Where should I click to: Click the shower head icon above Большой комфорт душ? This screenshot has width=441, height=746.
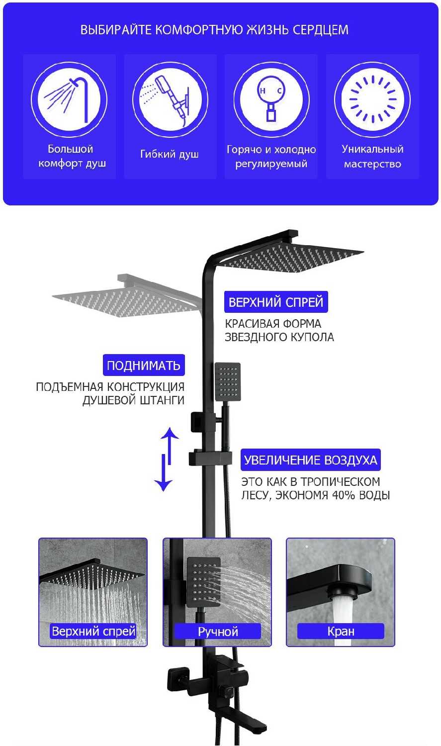69,99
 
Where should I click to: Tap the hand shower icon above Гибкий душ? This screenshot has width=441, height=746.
170,99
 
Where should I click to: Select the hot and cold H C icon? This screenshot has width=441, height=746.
271,99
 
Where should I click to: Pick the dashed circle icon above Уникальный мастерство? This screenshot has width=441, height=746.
372,99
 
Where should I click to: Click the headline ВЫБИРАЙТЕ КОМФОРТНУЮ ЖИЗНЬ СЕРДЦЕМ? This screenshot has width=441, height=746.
214,30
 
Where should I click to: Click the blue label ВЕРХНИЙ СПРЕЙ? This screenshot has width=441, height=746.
276,302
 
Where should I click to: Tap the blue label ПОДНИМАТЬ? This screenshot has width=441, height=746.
143,366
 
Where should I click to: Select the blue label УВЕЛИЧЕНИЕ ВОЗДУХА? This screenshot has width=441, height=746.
311,460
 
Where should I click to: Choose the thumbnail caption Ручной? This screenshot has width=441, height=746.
218,632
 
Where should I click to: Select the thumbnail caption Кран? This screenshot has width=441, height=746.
341,632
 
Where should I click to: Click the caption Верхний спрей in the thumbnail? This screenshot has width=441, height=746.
93,632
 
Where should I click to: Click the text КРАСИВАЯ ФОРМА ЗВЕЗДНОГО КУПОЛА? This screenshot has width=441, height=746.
279,330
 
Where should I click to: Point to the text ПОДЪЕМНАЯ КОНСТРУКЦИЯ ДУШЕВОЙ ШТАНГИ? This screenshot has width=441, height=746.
110,393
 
